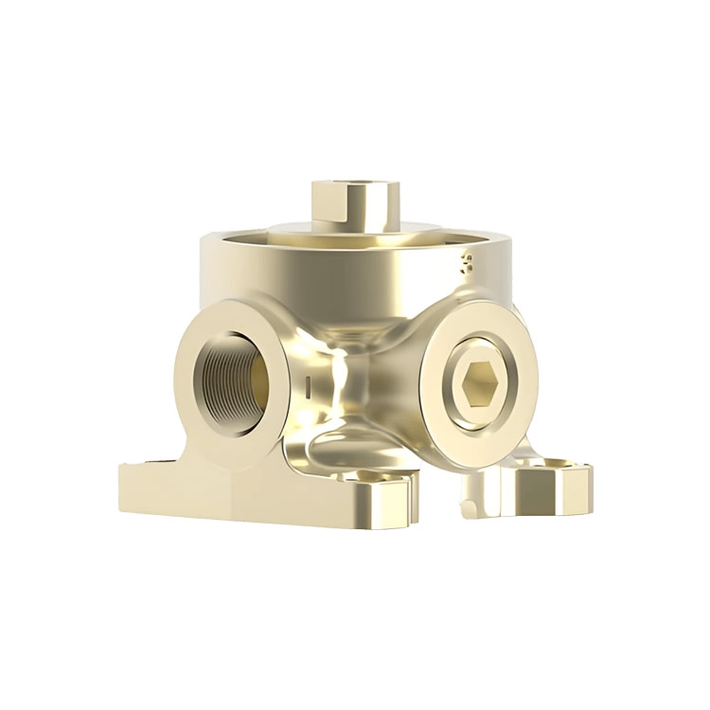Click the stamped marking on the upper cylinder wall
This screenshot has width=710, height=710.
pos(465,262)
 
